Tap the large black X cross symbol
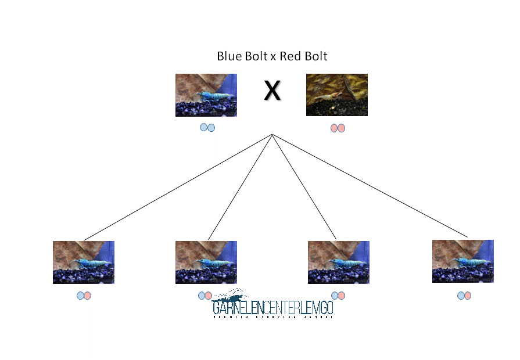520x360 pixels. [272, 91]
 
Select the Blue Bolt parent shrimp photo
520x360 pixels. [206, 95]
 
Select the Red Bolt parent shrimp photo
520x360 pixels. [337, 95]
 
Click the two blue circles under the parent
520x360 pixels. [207, 128]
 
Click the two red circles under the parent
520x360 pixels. [338, 128]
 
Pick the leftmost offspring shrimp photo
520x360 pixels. [84, 262]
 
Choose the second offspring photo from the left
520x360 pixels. [206, 262]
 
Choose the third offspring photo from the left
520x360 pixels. [338, 262]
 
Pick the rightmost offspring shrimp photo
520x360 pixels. [463, 261]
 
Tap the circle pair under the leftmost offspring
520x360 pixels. [84, 296]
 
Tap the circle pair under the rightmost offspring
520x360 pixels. [464, 296]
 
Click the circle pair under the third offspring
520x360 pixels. [338, 296]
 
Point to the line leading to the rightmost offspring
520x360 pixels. [372, 187]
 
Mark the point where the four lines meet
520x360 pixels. [272, 135]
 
